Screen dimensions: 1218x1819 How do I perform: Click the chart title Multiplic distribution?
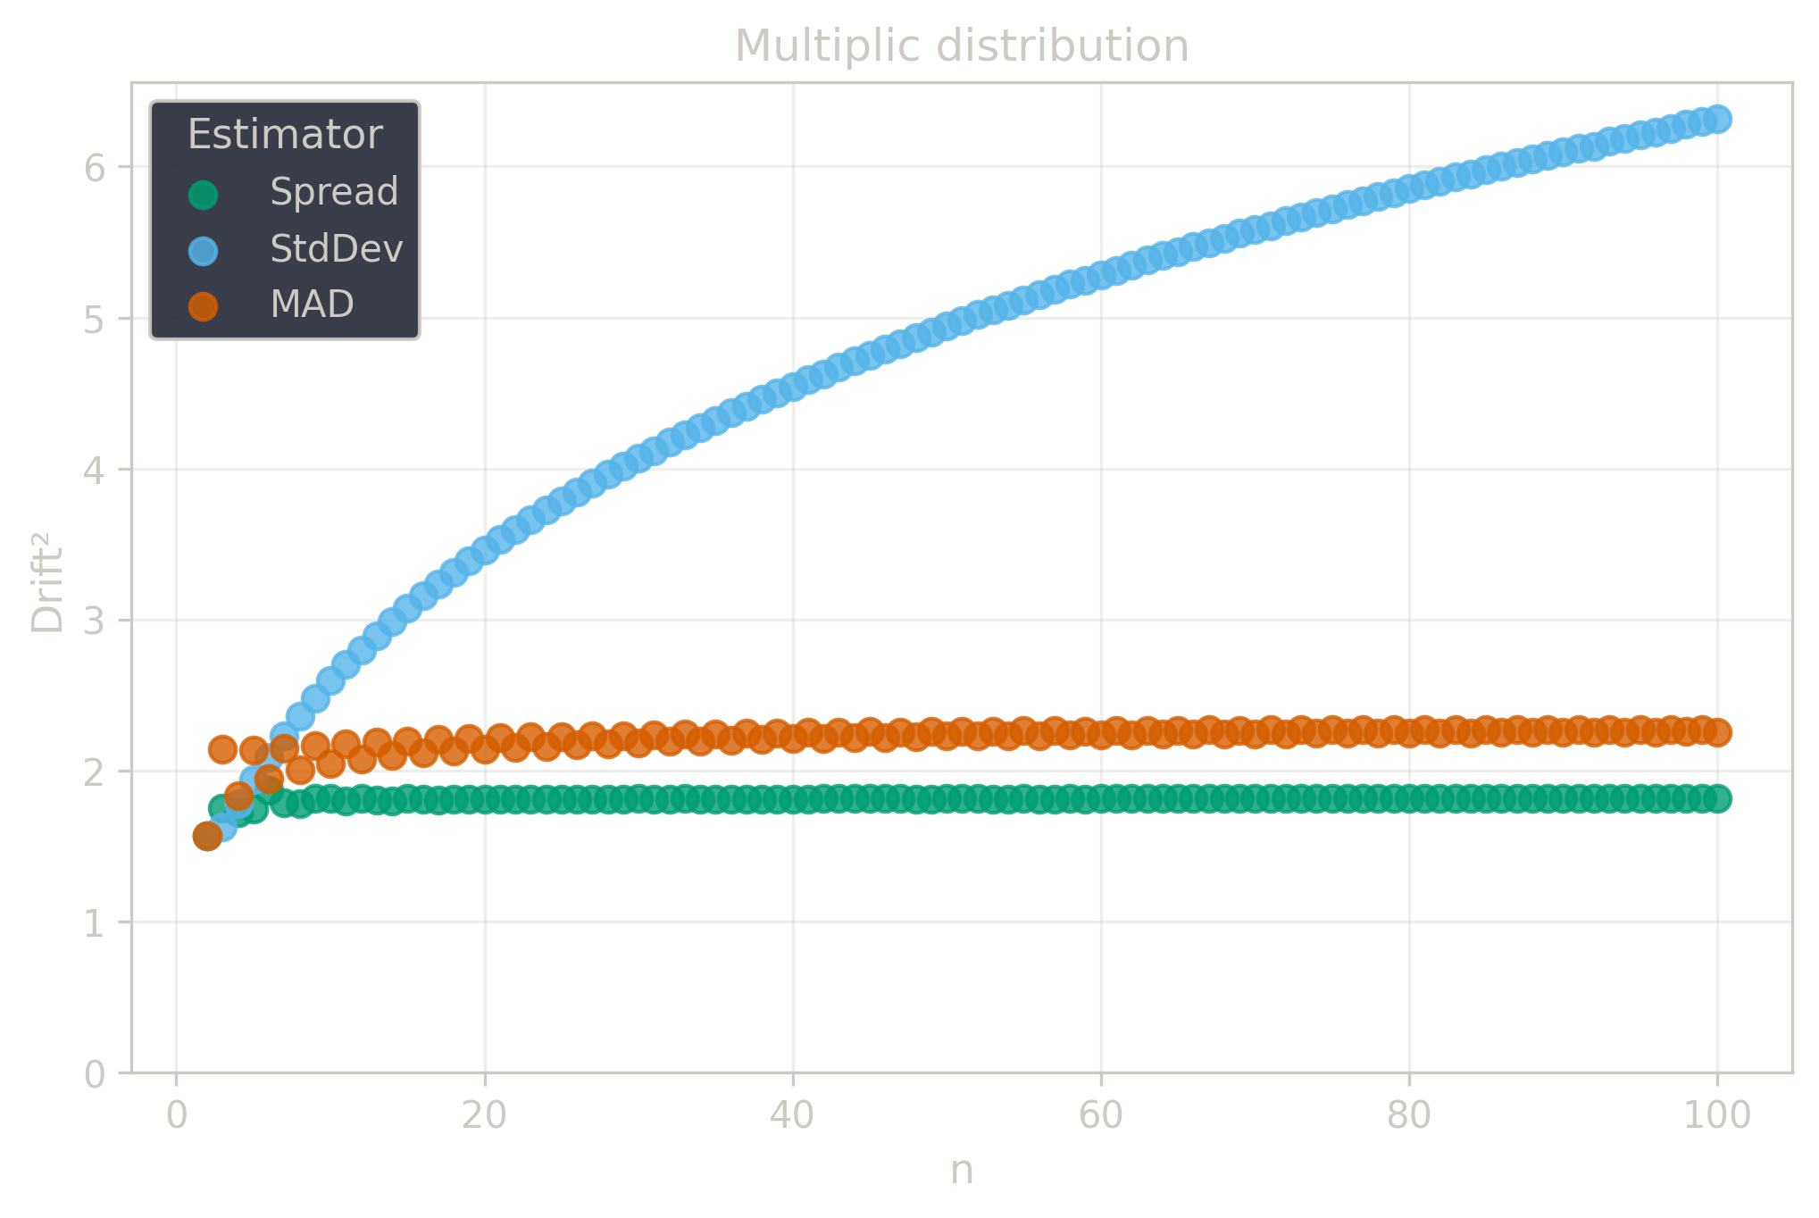[961, 46]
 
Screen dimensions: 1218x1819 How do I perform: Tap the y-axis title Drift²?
[47, 582]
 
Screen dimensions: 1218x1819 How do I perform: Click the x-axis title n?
[961, 1171]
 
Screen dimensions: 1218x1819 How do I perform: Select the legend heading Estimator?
[285, 135]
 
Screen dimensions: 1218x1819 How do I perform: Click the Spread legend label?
[334, 192]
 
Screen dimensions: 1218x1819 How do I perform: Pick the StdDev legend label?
[337, 249]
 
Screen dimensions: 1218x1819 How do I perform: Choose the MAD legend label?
[312, 305]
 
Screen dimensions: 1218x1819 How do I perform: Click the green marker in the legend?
[204, 195]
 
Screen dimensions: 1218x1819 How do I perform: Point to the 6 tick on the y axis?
[95, 167]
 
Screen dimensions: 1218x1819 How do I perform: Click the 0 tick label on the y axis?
[95, 1073]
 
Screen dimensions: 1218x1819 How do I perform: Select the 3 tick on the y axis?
[95, 621]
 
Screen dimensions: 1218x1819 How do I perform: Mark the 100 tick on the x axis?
[1716, 1115]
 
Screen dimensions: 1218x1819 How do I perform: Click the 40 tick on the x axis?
[793, 1115]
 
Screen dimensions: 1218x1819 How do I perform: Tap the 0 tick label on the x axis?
[177, 1115]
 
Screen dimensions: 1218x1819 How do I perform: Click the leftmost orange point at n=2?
[207, 837]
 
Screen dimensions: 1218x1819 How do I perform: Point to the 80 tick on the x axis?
[1409, 1115]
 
